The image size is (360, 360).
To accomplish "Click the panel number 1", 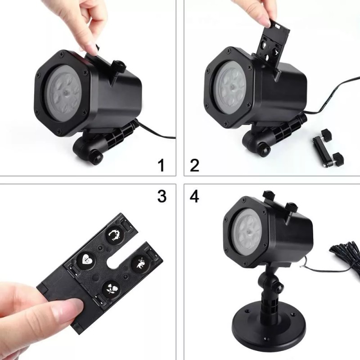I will (x=161, y=165).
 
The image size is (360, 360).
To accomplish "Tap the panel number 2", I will (x=194, y=165).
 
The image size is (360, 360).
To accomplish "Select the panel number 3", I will (x=161, y=196).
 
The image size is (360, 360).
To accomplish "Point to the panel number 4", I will (x=194, y=196).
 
